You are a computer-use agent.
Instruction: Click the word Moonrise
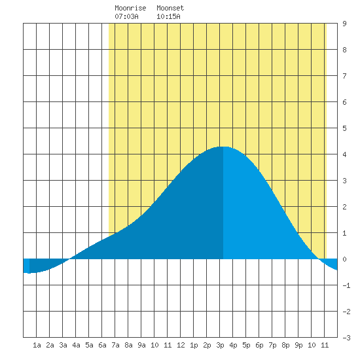130,8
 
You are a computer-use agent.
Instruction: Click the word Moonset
170,8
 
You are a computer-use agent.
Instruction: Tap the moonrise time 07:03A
126,16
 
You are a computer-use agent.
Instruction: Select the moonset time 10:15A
168,16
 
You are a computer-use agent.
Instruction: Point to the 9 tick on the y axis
344,24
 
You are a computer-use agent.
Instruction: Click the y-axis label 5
344,128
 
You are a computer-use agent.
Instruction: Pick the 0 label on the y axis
344,259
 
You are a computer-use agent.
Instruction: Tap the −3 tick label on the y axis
346,338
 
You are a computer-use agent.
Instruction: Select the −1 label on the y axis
346,285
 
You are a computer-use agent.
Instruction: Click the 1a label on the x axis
37,345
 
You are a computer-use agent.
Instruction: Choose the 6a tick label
102,345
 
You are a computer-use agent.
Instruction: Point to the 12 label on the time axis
181,345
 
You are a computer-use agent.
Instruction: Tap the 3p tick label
220,345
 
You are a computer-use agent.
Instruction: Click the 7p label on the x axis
272,345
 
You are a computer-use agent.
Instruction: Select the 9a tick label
141,345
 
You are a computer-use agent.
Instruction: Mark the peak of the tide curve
223,147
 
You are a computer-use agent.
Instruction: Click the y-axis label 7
344,76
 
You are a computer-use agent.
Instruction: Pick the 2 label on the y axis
344,207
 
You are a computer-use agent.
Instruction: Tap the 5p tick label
246,345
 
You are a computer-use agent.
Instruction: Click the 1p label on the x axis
194,345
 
